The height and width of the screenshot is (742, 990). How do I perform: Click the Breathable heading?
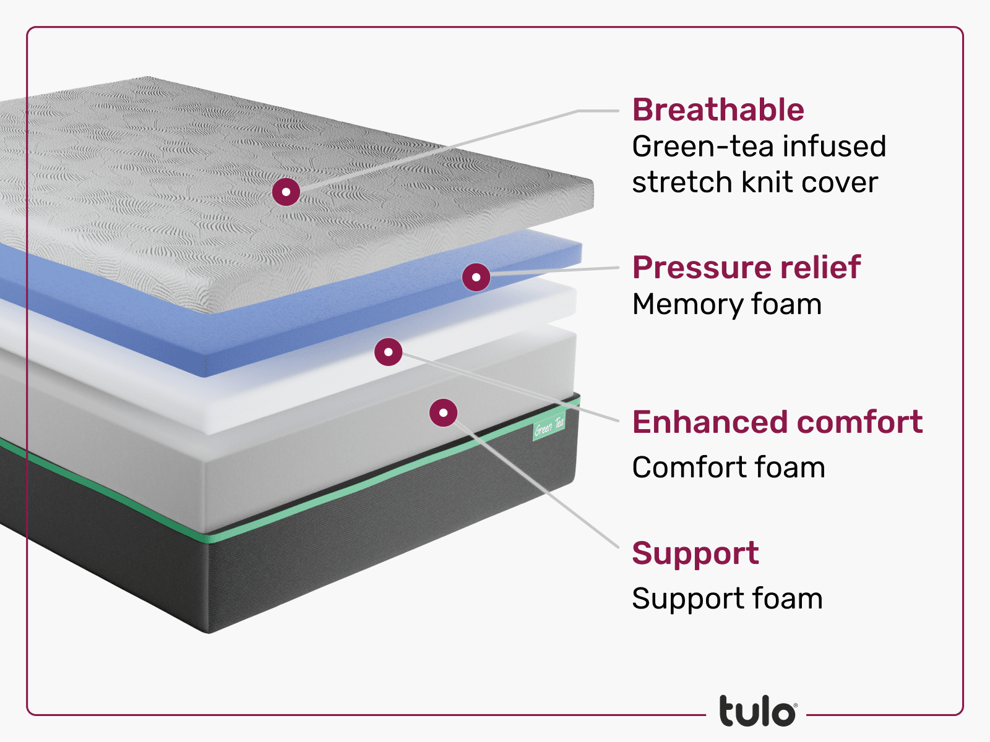point(718,110)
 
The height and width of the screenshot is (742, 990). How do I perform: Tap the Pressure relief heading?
point(746,268)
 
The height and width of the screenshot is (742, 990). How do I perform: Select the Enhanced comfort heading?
point(777,422)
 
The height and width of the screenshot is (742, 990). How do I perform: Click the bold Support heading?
point(695,553)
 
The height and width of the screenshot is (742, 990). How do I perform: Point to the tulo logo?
point(757,712)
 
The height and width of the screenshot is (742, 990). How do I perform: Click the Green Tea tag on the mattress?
point(549,426)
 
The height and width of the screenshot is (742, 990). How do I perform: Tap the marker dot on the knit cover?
point(286,192)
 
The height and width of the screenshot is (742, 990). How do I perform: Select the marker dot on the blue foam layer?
point(476,277)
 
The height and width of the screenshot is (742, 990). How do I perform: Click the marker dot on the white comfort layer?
point(388,352)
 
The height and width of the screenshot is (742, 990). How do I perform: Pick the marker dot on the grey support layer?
point(443,412)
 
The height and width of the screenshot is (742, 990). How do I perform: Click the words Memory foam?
point(726,304)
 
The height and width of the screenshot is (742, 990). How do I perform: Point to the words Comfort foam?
point(728,467)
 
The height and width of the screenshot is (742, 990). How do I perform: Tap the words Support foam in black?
point(727,599)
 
